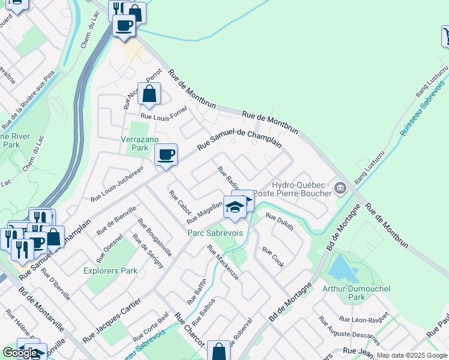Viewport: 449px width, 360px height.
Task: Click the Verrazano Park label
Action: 131,143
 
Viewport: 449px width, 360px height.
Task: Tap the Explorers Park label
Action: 110,271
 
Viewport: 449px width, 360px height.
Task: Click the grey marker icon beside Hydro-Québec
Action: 340,189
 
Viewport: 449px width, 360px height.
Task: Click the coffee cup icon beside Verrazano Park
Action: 166,155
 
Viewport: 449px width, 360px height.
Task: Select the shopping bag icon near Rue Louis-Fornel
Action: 149,94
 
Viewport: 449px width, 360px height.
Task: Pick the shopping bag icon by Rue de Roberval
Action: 218,352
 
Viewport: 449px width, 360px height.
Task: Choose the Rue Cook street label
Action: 273,257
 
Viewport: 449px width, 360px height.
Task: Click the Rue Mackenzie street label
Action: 223,262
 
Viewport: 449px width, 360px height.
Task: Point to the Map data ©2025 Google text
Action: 411,355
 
